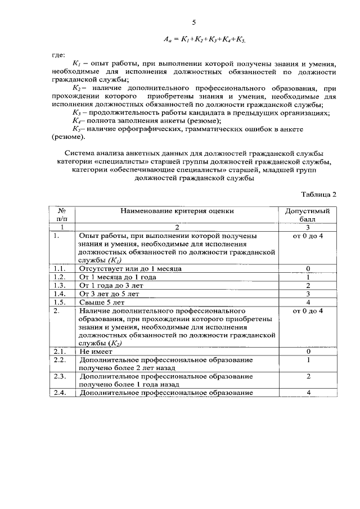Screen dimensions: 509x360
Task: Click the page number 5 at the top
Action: (x=193, y=22)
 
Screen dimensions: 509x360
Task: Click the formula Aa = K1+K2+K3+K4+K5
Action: (x=205, y=40)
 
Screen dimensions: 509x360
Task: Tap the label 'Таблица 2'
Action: (x=318, y=195)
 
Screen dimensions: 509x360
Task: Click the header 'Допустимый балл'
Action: (x=308, y=215)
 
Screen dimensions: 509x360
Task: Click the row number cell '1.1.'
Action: (x=59, y=268)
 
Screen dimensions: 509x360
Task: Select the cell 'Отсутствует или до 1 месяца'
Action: (x=130, y=268)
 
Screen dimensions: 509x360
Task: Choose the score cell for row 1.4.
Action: (x=308, y=294)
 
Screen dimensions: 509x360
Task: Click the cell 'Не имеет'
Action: (x=96, y=352)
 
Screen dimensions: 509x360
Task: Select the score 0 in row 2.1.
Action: (x=308, y=352)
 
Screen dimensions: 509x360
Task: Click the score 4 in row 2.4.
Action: (x=308, y=393)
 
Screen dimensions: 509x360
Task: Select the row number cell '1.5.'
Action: (x=59, y=302)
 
